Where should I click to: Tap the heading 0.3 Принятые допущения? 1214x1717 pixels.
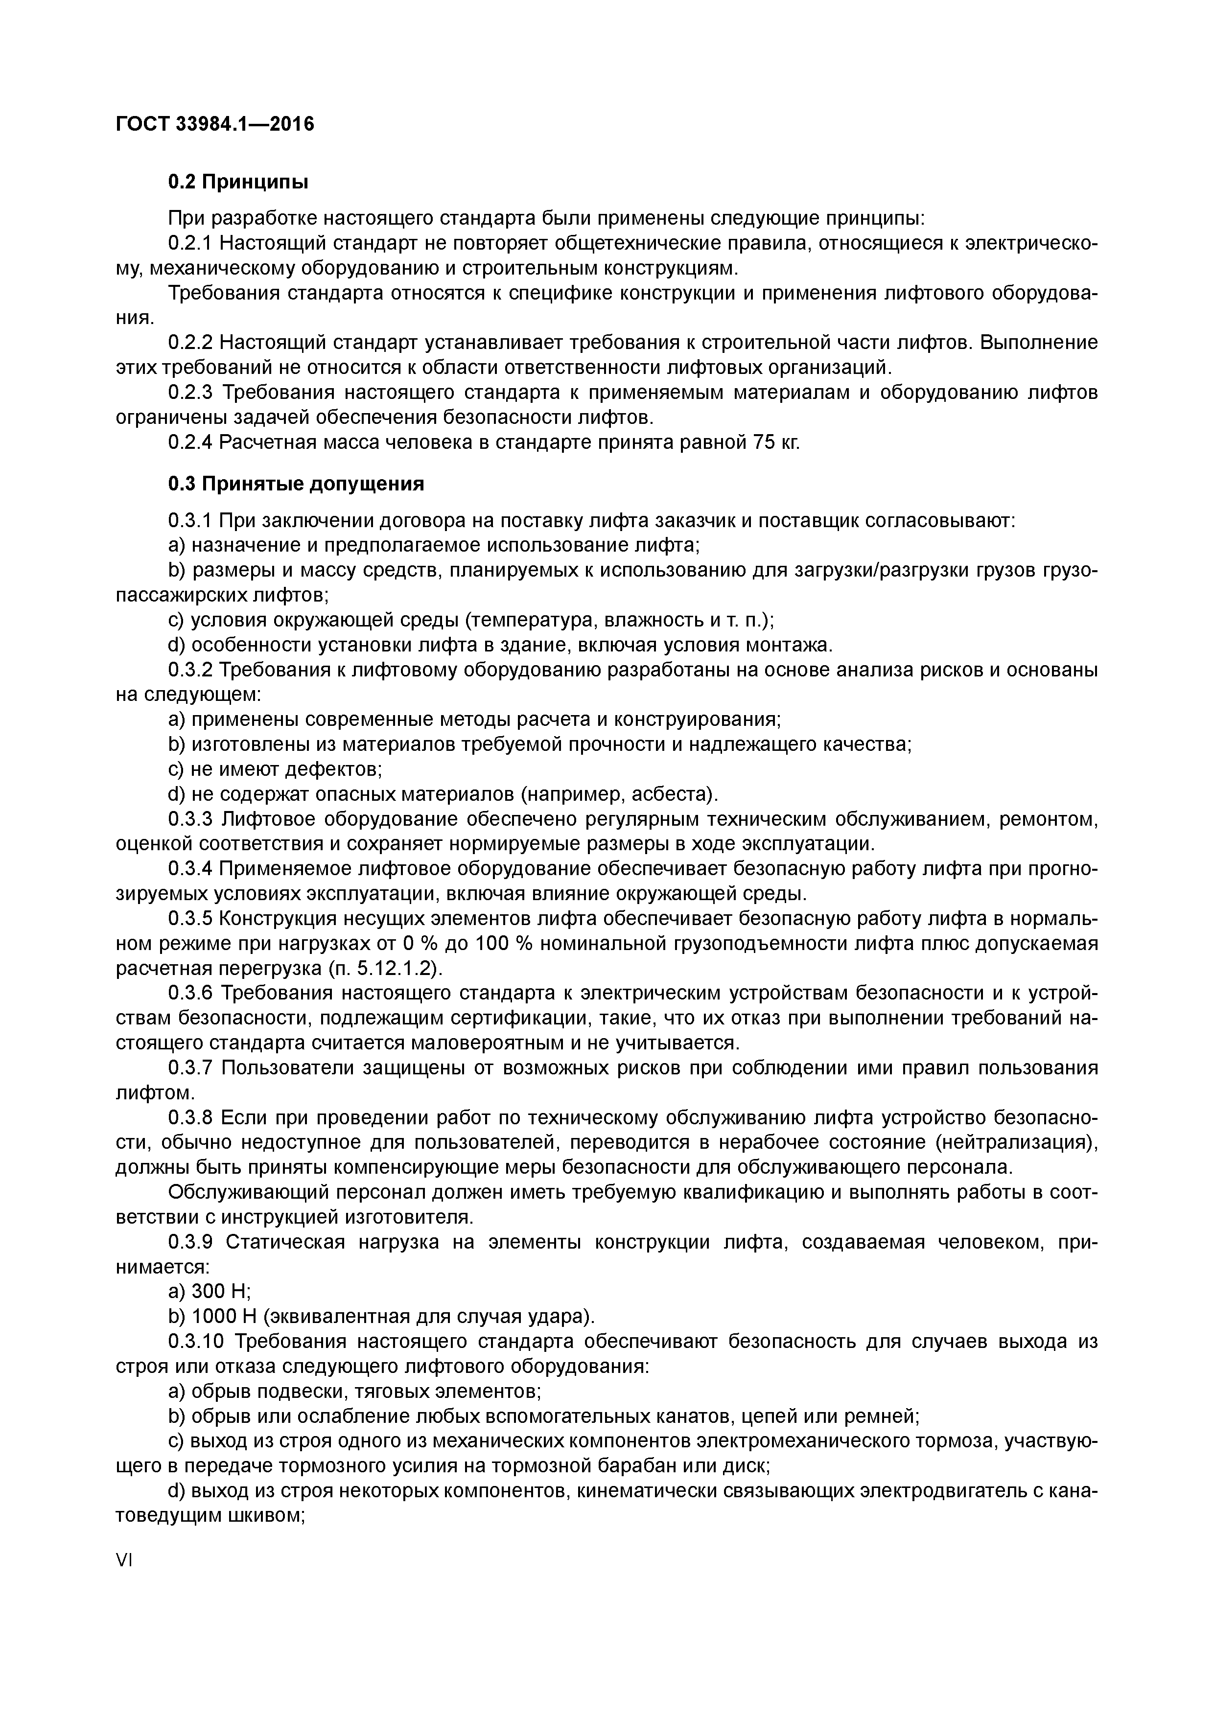coord(296,484)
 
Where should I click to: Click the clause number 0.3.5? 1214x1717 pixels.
coord(191,918)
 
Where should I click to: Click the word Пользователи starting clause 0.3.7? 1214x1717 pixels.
coord(286,1068)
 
